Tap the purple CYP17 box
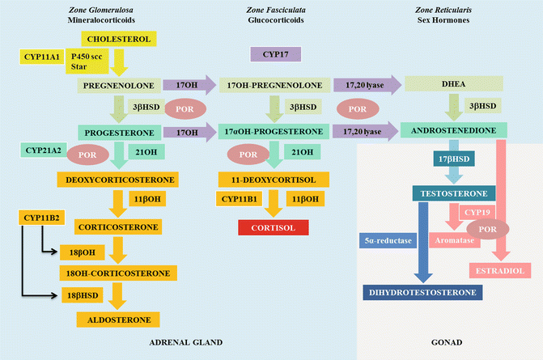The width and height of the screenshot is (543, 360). (275, 54)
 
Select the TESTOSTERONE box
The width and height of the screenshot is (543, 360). (451, 193)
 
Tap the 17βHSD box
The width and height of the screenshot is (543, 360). (435, 160)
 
